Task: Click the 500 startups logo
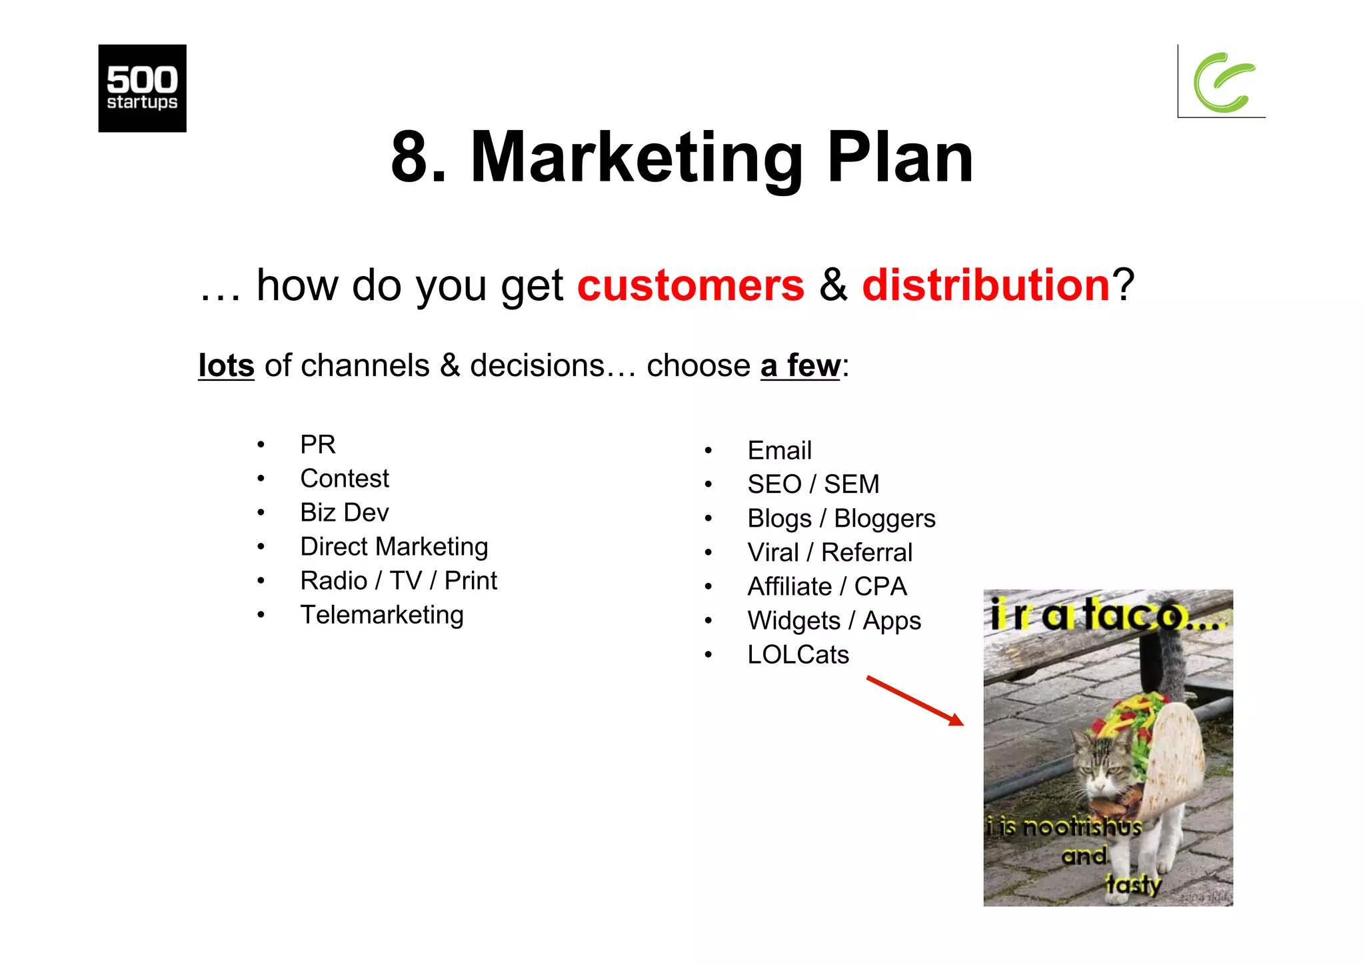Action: (x=142, y=88)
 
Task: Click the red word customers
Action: (x=690, y=285)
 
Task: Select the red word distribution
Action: (x=986, y=285)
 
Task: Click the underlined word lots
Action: (x=226, y=366)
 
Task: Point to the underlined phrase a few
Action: (x=800, y=366)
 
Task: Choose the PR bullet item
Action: (x=317, y=445)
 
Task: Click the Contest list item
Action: (x=344, y=479)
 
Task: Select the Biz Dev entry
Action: (x=344, y=513)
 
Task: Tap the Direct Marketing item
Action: (x=393, y=547)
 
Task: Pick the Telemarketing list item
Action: (x=381, y=615)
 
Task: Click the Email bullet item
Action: (x=779, y=451)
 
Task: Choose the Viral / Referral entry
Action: (x=829, y=553)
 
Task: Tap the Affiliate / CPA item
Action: (x=826, y=587)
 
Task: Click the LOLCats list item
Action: (x=798, y=655)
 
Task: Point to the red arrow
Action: (x=915, y=701)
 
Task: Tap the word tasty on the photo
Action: (x=1132, y=885)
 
